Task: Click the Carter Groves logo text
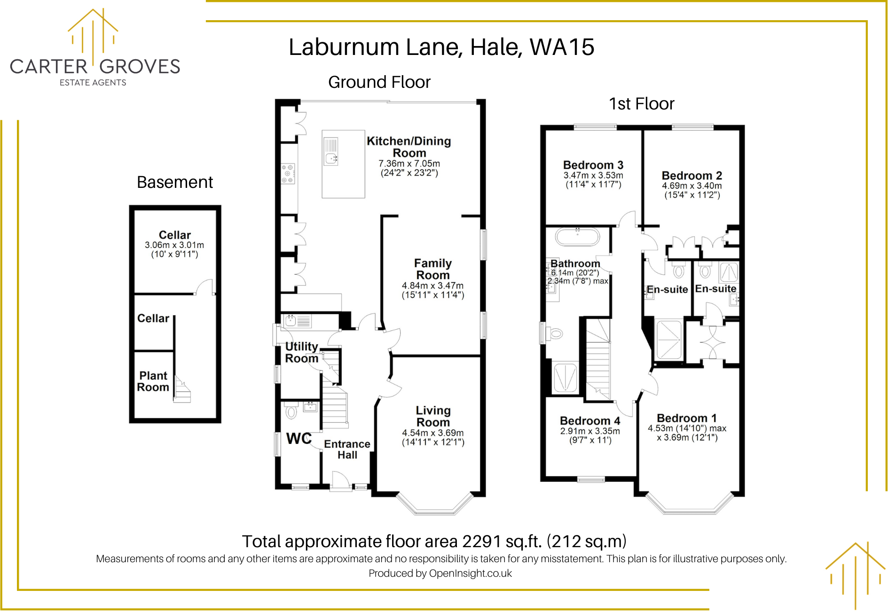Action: point(95,67)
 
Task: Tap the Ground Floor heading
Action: point(379,82)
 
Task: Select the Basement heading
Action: point(174,182)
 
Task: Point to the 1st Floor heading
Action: point(641,104)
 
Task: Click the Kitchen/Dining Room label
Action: point(409,147)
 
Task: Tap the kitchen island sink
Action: point(331,158)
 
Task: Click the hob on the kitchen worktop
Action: point(288,173)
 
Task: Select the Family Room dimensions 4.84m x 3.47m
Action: point(432,286)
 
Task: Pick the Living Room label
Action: point(433,416)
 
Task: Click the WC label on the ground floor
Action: point(299,439)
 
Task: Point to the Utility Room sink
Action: point(291,321)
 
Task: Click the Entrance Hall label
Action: point(347,449)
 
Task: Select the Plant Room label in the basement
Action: point(153,381)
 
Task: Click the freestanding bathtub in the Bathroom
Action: point(577,237)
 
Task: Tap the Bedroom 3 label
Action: point(593,165)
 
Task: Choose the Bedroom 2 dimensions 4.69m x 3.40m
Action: point(692,186)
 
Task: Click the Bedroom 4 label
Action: point(590,420)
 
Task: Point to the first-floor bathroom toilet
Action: point(555,334)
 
